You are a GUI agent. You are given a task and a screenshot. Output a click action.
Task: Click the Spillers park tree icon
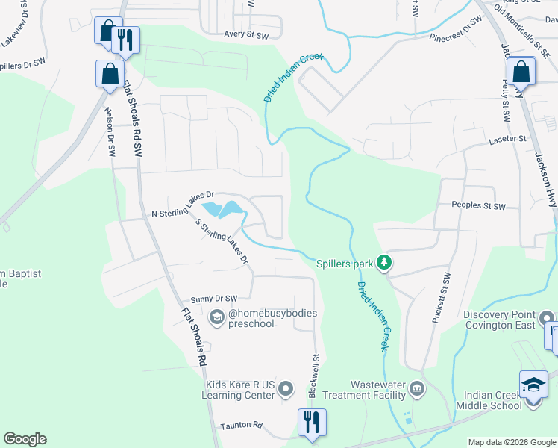[x=384, y=262]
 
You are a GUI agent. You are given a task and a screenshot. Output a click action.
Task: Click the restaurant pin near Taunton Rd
[x=312, y=422]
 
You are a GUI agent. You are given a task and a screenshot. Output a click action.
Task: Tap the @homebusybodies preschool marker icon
[x=216, y=319]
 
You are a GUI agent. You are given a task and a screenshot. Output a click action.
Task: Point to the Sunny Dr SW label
[x=213, y=299]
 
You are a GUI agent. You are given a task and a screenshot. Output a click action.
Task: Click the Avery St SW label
[x=246, y=34]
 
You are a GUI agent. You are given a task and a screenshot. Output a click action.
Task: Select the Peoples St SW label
[x=478, y=205]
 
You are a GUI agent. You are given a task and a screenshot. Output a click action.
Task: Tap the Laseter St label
[x=507, y=139]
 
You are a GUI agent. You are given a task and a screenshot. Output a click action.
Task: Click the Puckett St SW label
[x=440, y=298]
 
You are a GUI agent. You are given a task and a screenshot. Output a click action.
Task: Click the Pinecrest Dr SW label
[x=454, y=31]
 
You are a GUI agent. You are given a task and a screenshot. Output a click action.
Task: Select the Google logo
[x=25, y=439]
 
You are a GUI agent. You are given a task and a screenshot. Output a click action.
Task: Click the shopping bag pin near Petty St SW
[x=521, y=72]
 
